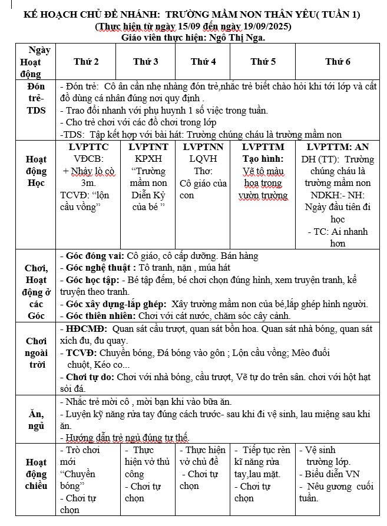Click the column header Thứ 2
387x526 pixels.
(x=86, y=61)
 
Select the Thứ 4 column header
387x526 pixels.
(x=203, y=61)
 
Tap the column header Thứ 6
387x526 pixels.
(x=338, y=61)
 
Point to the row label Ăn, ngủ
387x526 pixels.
(x=36, y=420)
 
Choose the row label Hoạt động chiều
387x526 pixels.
(x=36, y=474)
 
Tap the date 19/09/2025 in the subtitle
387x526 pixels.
(x=265, y=26)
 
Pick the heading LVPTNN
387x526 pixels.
(x=203, y=147)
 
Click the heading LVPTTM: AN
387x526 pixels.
(x=338, y=147)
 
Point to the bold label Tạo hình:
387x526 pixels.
(x=263, y=158)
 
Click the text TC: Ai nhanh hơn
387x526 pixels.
(x=338, y=237)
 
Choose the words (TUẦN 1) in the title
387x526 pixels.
(x=338, y=14)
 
